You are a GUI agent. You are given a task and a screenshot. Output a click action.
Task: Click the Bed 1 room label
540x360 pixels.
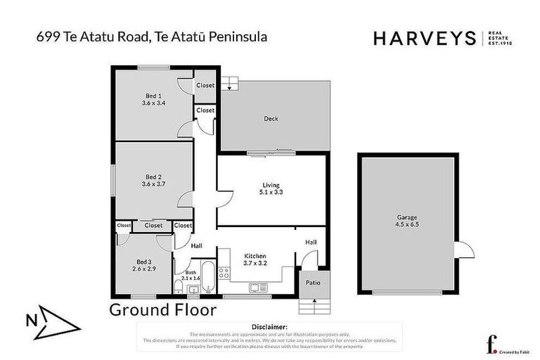pyautogui.click(x=153, y=96)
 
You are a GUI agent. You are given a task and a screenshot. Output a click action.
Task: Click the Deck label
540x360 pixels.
pyautogui.click(x=271, y=119)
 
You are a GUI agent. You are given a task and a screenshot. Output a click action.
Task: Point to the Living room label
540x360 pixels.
pyautogui.click(x=271, y=184)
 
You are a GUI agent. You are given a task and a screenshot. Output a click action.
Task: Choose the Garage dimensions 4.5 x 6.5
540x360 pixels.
pyautogui.click(x=401, y=226)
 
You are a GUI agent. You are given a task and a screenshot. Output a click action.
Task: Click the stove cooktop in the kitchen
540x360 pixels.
pyautogui.click(x=224, y=273)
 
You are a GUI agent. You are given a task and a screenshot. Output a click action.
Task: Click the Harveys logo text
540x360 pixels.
pyautogui.click(x=425, y=38)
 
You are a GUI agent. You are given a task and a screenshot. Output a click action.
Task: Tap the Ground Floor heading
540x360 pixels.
pyautogui.click(x=162, y=310)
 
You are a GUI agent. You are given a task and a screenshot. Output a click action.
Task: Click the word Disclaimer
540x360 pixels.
pyautogui.click(x=269, y=327)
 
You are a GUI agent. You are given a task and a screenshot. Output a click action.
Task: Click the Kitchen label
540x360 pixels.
pyautogui.click(x=254, y=256)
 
